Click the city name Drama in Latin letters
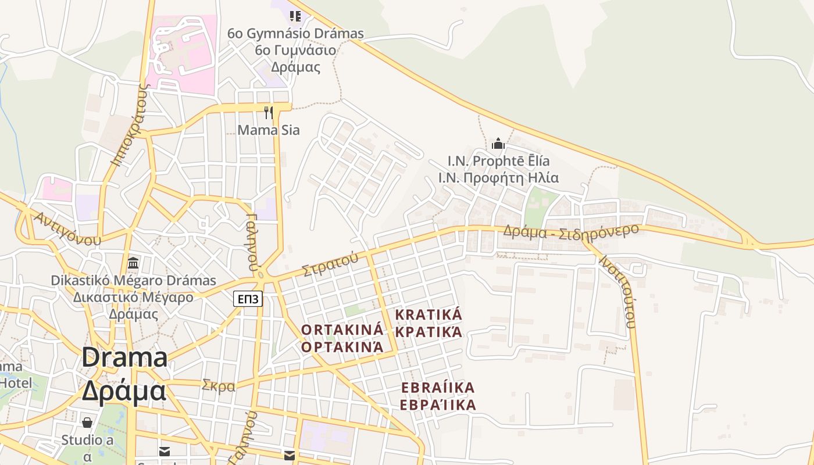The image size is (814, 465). click(124, 357)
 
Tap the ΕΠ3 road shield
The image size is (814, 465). click(248, 299)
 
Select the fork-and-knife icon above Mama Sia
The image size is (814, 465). click(268, 112)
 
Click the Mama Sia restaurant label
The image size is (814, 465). click(268, 130)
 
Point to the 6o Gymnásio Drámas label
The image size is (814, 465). click(295, 34)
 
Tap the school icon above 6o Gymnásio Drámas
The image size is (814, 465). click(295, 16)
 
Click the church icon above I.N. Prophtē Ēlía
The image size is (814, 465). click(498, 143)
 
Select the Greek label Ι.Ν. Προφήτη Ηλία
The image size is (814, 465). click(498, 178)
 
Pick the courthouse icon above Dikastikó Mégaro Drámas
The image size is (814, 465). click(133, 263)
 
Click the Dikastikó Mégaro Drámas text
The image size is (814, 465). click(133, 280)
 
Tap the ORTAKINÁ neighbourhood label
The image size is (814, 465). click(342, 330)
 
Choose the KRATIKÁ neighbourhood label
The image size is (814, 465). click(429, 314)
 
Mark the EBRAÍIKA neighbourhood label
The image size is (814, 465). click(438, 387)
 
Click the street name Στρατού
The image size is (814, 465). click(330, 264)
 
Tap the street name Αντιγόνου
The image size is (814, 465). click(67, 229)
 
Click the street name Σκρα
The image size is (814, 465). click(219, 385)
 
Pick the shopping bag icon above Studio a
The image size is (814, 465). click(87, 422)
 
